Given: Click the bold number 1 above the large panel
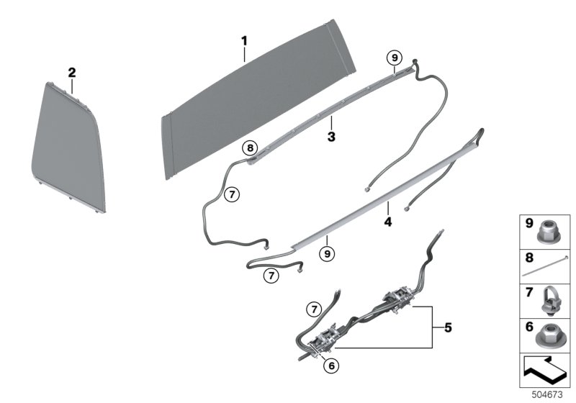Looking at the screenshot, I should coord(244,42).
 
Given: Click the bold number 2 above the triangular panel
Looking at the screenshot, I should coord(71,73).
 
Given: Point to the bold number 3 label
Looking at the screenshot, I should coord(330,136).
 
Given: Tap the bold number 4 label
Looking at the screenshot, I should coord(387,222).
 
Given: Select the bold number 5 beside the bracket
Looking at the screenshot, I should coord(448,328).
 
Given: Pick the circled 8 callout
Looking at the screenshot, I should coord(250,148).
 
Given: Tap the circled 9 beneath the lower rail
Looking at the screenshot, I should coord(326,253).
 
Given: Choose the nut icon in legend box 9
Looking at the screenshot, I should coord(551,232).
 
